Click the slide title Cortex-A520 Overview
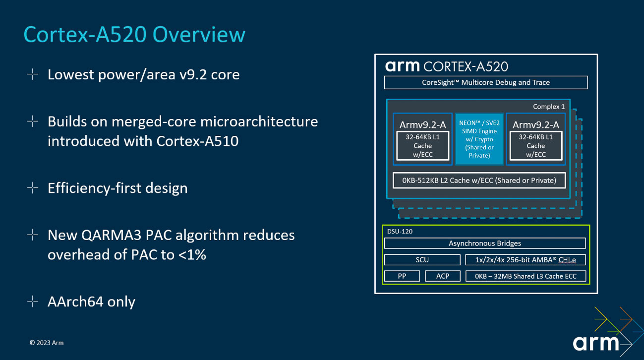134,35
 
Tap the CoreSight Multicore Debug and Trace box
485,82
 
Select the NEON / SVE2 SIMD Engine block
479,139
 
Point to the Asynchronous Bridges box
484,243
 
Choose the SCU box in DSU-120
422,260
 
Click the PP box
402,276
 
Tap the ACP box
442,276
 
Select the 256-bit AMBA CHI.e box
526,260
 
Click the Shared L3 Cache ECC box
526,276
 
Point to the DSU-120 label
399,231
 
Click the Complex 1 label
548,107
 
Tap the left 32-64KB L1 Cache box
422,146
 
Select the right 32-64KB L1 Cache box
535,146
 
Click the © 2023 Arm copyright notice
47,343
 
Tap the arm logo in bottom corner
596,343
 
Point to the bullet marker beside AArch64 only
33,301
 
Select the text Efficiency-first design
117,188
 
